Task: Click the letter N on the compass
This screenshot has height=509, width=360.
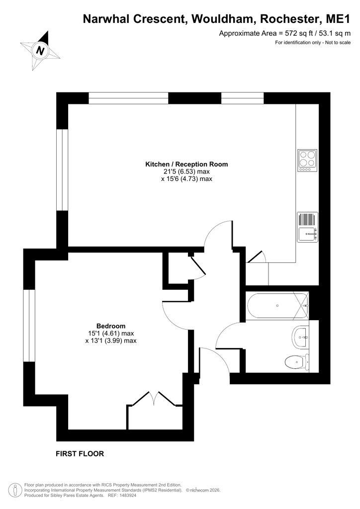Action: point(40,51)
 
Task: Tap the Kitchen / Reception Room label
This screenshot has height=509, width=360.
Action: point(186,164)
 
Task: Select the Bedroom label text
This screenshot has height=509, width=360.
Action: point(111,326)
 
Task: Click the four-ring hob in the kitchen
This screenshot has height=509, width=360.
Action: point(307,161)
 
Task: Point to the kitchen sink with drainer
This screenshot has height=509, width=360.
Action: point(307,227)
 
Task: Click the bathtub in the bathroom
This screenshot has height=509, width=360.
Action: point(277,306)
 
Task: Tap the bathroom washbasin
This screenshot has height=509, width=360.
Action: point(301,338)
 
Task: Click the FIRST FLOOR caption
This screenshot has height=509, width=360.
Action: point(80,454)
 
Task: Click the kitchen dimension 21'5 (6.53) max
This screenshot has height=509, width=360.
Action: point(186,171)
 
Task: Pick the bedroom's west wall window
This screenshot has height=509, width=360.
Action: point(29,325)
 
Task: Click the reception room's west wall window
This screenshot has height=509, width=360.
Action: point(62,170)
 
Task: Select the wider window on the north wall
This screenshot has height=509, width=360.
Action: point(129,98)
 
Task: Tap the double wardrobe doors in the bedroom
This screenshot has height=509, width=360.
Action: point(154,399)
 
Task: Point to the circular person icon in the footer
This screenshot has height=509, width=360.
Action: point(14,490)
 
